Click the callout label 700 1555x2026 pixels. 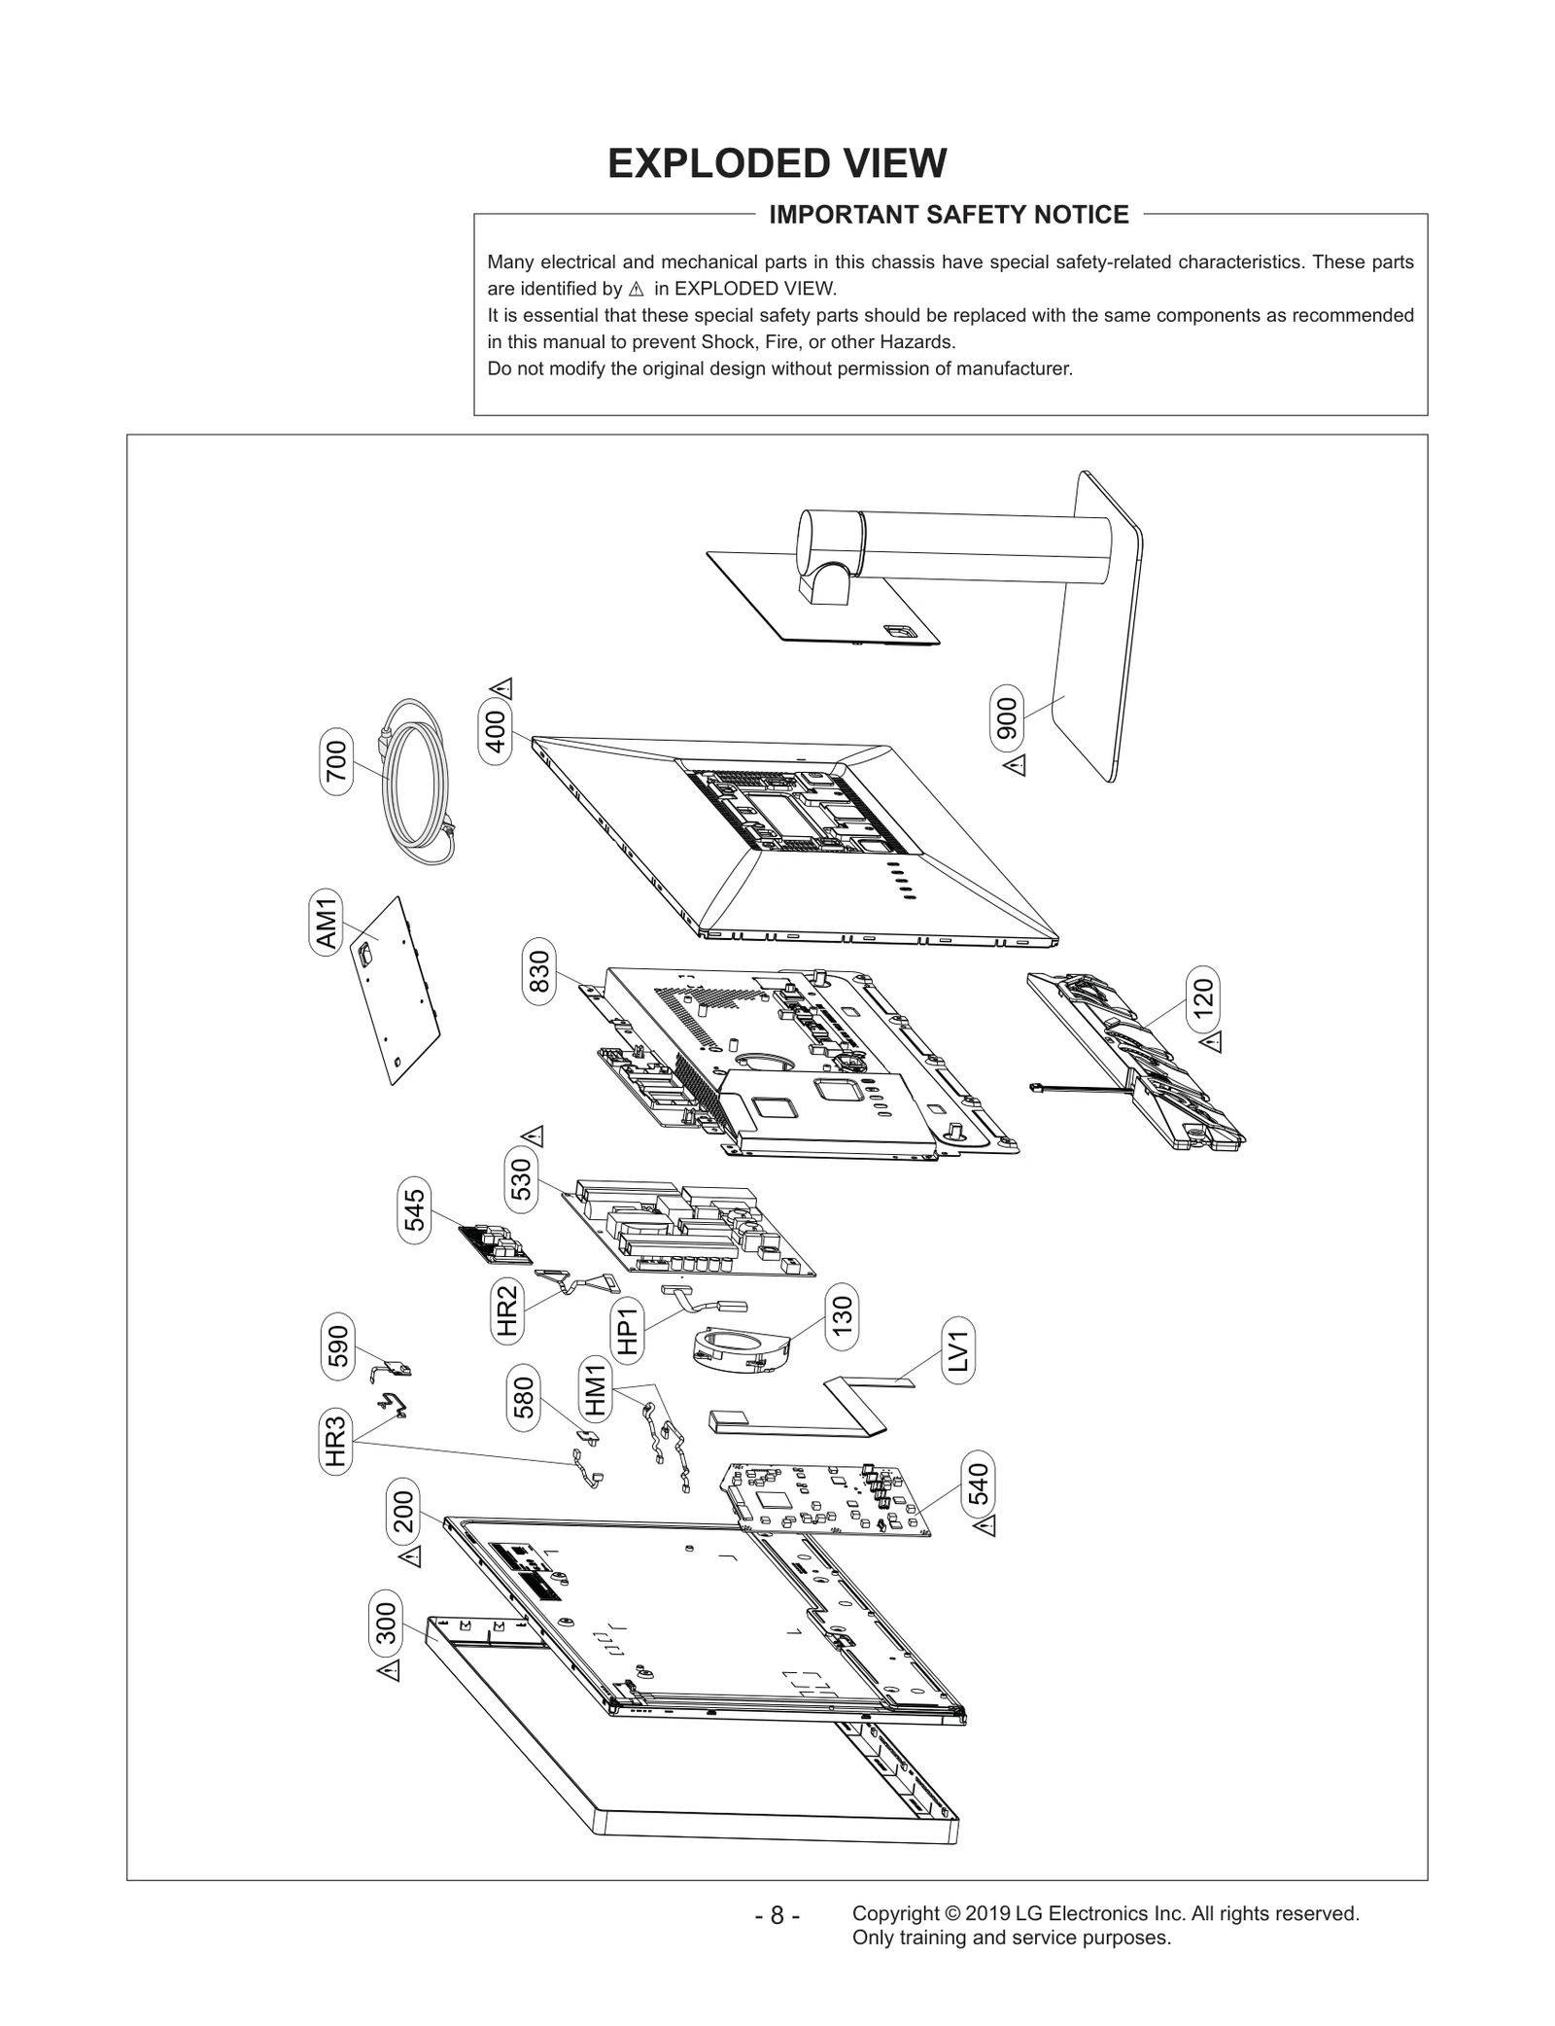coord(335,762)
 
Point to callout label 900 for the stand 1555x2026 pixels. coord(1007,717)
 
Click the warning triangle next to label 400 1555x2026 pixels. coord(503,688)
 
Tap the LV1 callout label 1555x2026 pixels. coord(958,1351)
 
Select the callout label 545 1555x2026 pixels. coord(415,1210)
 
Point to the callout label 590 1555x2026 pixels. coord(337,1345)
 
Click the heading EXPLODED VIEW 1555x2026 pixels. coord(777,163)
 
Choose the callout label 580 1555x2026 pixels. coord(524,1397)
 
